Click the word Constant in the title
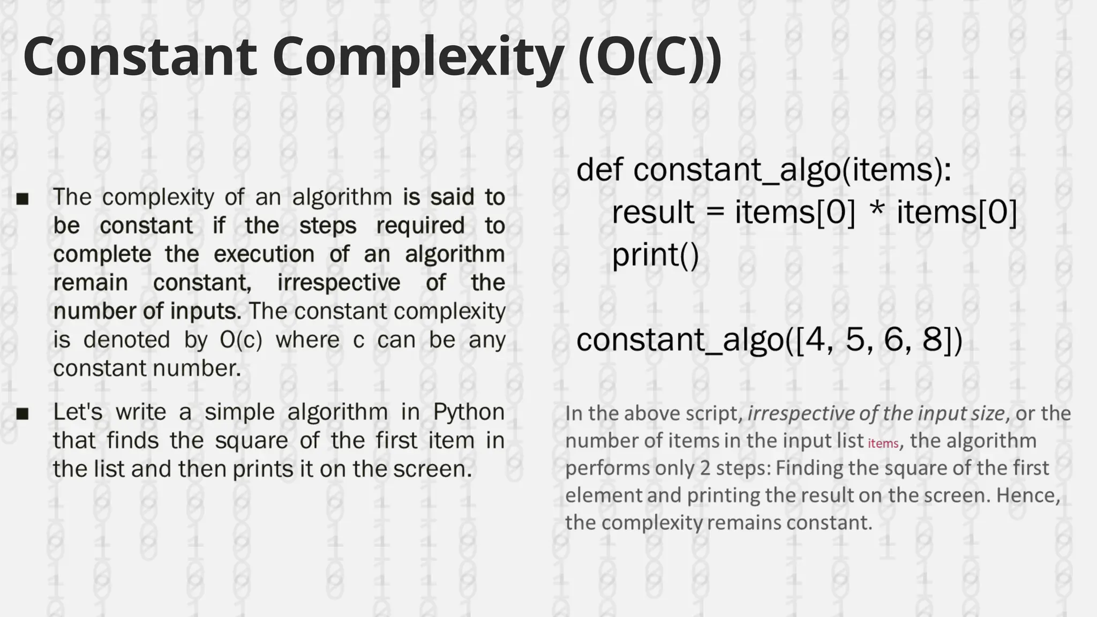[x=139, y=57]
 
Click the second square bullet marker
[x=22, y=414]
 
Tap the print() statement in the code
[x=655, y=255]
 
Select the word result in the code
[x=653, y=212]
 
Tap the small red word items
[x=883, y=443]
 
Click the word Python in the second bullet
[x=469, y=412]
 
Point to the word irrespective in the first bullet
[x=339, y=283]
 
